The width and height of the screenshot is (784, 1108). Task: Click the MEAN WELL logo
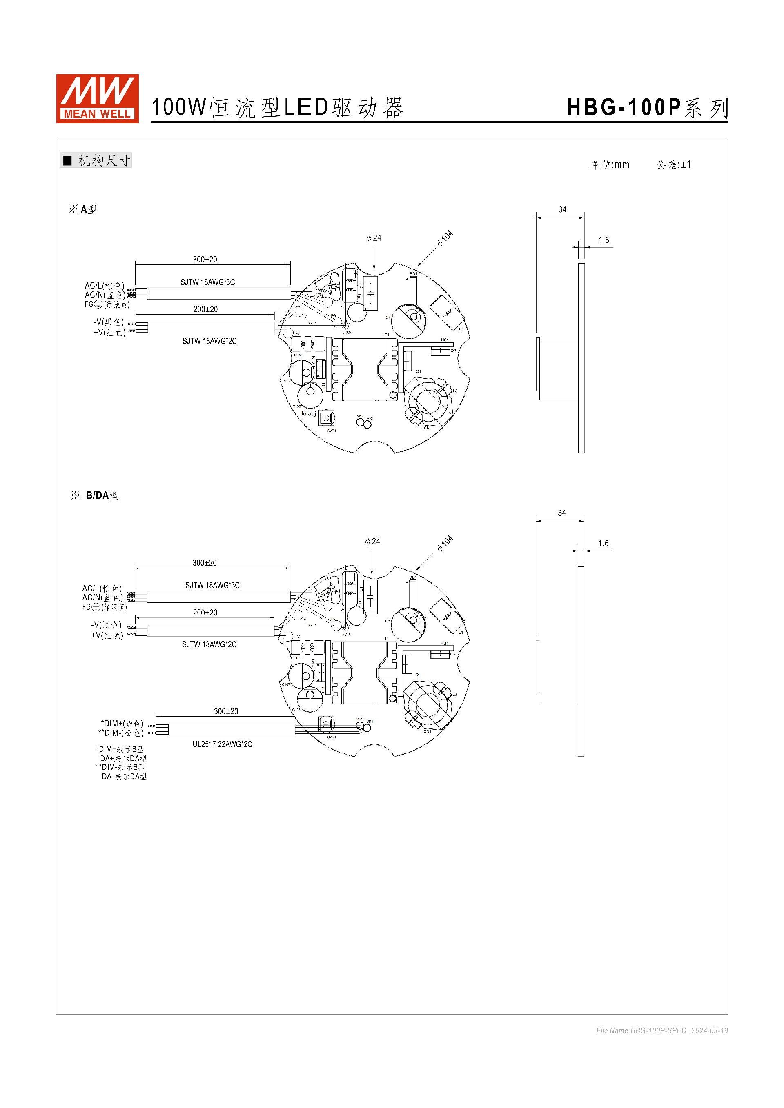click(x=97, y=98)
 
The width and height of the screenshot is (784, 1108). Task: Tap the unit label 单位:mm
click(x=610, y=164)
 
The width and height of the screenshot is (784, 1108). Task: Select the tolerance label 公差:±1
click(x=673, y=164)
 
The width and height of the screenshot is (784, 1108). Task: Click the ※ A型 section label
click(x=83, y=209)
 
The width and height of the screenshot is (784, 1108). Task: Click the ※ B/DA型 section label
click(x=95, y=495)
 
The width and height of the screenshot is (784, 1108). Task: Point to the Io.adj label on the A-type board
click(x=308, y=413)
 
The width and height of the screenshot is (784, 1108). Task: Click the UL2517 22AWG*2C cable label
click(x=222, y=744)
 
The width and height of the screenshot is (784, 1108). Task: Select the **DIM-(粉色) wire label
click(x=121, y=733)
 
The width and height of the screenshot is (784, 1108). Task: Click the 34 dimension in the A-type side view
click(x=562, y=209)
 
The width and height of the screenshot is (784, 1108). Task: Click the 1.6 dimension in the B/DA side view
click(x=603, y=543)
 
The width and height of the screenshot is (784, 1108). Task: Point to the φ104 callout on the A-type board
click(x=445, y=238)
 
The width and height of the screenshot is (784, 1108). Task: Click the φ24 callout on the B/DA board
click(x=372, y=542)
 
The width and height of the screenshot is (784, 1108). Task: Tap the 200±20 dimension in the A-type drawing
click(x=205, y=309)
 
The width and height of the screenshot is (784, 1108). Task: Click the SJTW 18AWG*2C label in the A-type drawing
click(x=209, y=341)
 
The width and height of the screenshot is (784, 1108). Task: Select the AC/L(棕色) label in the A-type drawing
click(x=104, y=286)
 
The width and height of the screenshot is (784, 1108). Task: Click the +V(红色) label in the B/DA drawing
click(x=107, y=635)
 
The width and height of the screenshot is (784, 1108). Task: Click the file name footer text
click(x=661, y=1030)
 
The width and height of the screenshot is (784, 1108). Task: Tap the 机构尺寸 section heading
click(x=104, y=161)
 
